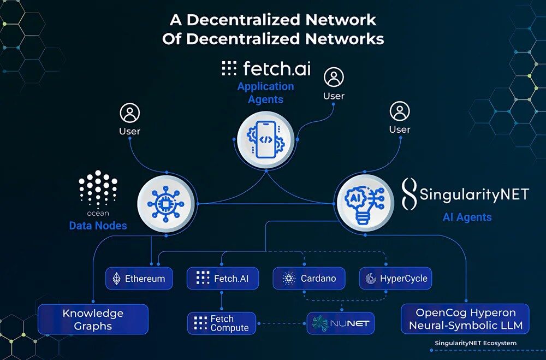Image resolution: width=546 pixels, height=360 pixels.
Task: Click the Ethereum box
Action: (139, 279)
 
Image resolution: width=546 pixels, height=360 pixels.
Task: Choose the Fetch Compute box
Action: (222, 323)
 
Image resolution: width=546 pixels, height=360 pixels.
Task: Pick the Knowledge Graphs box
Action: (93, 320)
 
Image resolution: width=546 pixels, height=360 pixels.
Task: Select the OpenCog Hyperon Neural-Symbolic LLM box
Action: (465, 320)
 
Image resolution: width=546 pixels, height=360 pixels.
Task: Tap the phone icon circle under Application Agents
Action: (266, 139)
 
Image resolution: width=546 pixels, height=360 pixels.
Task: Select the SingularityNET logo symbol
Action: (409, 194)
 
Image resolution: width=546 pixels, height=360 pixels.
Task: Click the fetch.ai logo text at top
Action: (266, 68)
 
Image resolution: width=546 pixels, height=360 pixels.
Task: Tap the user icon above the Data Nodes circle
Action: (130, 114)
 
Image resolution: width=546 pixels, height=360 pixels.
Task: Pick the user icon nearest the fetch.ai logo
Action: (334, 78)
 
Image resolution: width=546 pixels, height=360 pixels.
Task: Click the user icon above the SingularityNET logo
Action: (400, 112)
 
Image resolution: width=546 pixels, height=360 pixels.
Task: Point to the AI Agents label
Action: (467, 217)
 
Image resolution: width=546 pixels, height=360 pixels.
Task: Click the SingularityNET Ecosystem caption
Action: (475, 343)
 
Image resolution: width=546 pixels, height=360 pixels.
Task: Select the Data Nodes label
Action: (98, 225)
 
